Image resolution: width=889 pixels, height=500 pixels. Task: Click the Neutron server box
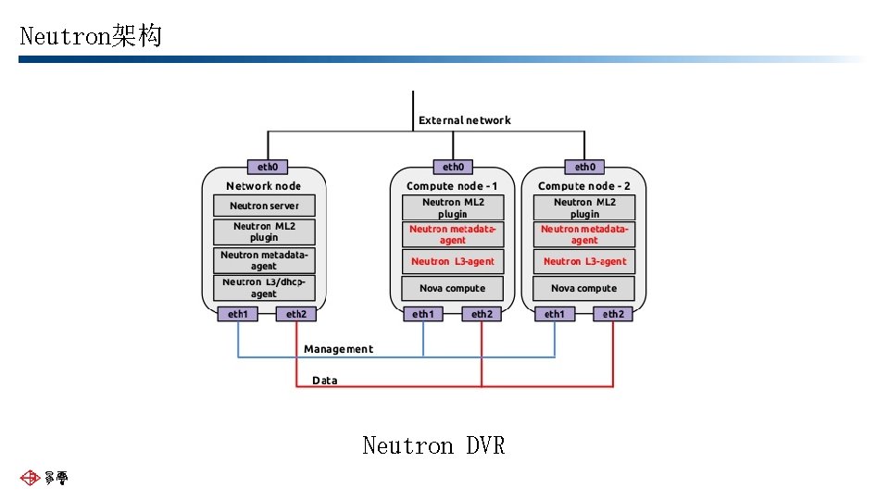click(264, 206)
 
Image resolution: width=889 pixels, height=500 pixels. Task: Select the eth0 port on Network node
click(268, 168)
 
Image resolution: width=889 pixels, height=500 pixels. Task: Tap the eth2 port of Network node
click(296, 314)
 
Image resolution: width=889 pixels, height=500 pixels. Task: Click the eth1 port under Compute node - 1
click(423, 314)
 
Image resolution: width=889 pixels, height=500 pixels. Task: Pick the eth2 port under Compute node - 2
click(613, 314)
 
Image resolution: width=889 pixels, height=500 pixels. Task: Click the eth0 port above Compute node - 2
click(584, 168)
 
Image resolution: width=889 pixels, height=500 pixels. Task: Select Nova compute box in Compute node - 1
click(452, 288)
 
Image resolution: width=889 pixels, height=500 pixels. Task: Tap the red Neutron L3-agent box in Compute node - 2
click(584, 261)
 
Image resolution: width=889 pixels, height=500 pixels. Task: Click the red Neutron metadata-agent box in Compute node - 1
click(452, 234)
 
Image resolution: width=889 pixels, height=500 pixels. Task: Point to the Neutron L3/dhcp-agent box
click(264, 288)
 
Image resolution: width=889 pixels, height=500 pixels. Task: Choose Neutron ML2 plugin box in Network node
click(264, 231)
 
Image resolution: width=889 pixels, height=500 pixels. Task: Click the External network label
click(464, 120)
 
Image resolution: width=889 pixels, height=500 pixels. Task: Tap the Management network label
click(338, 349)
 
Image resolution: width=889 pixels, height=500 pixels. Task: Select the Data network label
click(324, 381)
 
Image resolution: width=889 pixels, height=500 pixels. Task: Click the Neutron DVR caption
click(433, 446)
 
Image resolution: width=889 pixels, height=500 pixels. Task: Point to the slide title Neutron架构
click(91, 36)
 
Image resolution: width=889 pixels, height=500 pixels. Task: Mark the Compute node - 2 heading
click(584, 186)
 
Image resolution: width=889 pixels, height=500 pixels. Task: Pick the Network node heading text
click(264, 186)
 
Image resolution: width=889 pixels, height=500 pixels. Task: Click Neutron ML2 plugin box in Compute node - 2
click(584, 207)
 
